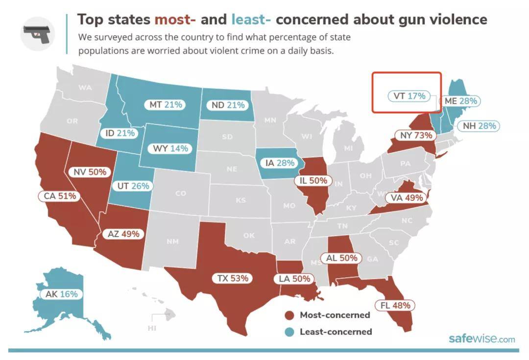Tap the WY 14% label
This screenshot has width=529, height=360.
170,148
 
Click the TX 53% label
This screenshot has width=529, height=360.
233,278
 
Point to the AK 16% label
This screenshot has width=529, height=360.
61,294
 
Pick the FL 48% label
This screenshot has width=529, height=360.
395,305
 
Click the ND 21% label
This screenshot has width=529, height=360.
228,105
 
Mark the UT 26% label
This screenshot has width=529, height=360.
133,186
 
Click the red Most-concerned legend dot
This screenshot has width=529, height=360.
290,315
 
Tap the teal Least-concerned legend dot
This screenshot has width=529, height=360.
290,332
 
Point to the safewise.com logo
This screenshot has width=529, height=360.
481,339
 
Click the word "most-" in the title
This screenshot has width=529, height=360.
175,20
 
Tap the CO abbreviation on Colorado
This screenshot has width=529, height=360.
181,193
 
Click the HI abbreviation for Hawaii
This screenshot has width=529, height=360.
151,328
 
